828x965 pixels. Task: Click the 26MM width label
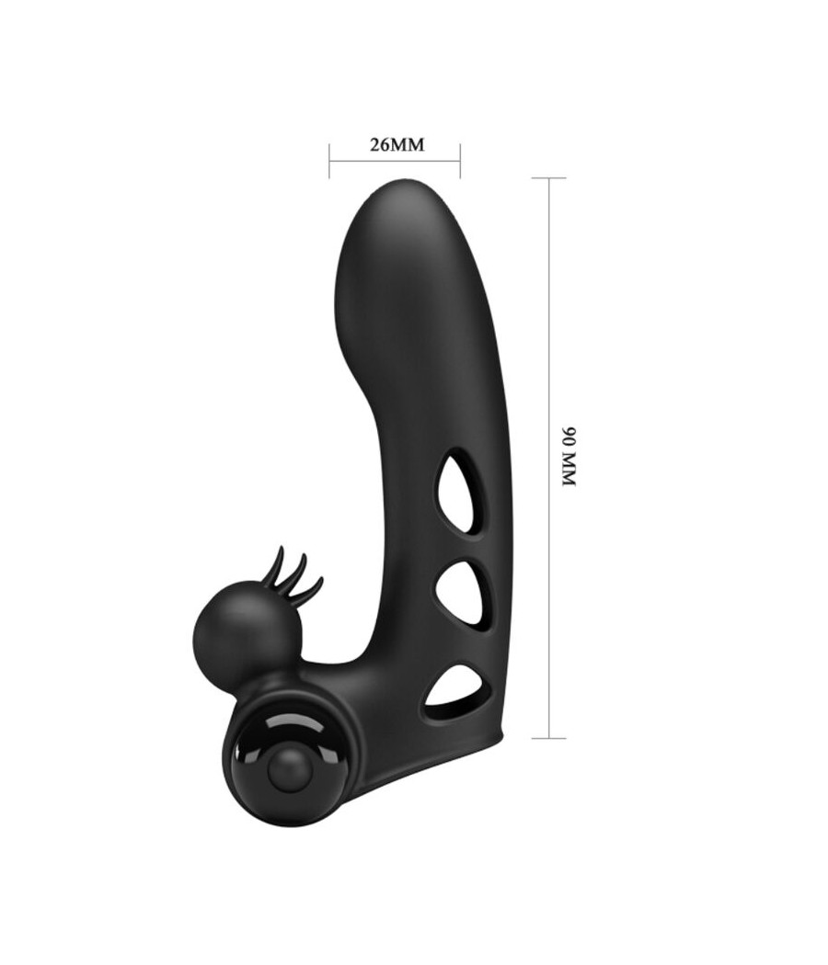click(x=395, y=145)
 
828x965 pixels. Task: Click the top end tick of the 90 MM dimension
click(x=549, y=178)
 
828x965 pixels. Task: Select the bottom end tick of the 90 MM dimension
click(x=549, y=737)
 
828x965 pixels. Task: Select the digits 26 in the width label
click(x=378, y=145)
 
